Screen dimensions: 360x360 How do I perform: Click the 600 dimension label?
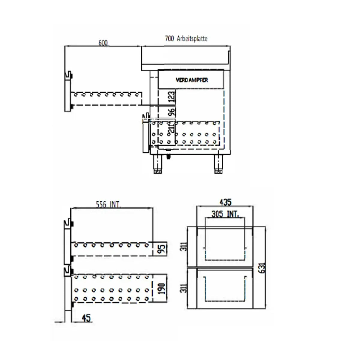(x=103, y=43)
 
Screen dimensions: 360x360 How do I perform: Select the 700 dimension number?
(x=169, y=38)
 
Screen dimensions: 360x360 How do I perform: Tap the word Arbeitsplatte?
(x=192, y=39)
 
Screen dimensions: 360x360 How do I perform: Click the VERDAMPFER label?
(x=192, y=80)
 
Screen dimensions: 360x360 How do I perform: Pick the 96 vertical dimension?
(x=171, y=112)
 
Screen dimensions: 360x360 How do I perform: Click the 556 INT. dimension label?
(x=108, y=205)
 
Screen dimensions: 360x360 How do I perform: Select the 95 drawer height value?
(x=162, y=249)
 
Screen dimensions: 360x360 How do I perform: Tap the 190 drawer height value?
(x=162, y=288)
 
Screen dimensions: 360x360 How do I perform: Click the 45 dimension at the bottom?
(x=86, y=318)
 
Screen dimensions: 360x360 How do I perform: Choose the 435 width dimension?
(x=225, y=202)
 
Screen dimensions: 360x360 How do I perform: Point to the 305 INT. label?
(x=225, y=214)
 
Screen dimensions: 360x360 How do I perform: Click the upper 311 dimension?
(x=185, y=246)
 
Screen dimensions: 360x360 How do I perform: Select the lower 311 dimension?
(x=185, y=288)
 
